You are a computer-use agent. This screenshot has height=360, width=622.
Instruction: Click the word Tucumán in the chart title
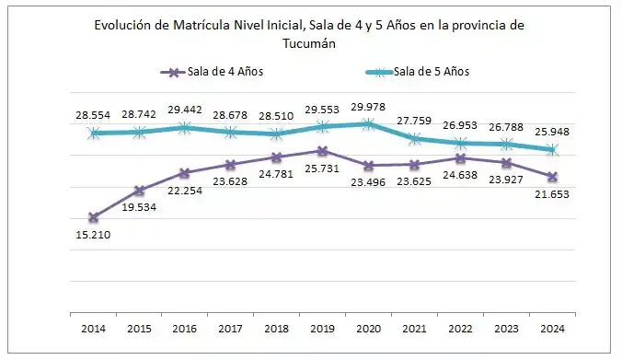pos(310,42)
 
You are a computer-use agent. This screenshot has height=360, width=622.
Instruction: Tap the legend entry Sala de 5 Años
pos(433,72)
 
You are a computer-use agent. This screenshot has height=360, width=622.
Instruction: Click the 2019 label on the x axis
pos(322,327)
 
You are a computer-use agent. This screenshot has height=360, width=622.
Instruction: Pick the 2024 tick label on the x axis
pos(551,327)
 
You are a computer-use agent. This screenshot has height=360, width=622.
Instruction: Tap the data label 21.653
pos(552,195)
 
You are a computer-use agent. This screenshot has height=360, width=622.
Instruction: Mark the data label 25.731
pos(322,171)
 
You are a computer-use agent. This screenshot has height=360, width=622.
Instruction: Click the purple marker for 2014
pos(94,217)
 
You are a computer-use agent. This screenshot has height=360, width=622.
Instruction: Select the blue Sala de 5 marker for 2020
pos(368,123)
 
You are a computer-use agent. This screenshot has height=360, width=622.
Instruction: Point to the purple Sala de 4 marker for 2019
pos(322,150)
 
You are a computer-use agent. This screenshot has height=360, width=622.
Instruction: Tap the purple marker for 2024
pos(551,176)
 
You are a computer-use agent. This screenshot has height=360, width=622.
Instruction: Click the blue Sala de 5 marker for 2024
pos(551,149)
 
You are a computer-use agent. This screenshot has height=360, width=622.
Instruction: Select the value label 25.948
pos(552,131)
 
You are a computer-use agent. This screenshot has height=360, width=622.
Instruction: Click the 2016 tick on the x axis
pos(185,327)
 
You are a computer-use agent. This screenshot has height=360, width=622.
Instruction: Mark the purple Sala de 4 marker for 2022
pos(460,157)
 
